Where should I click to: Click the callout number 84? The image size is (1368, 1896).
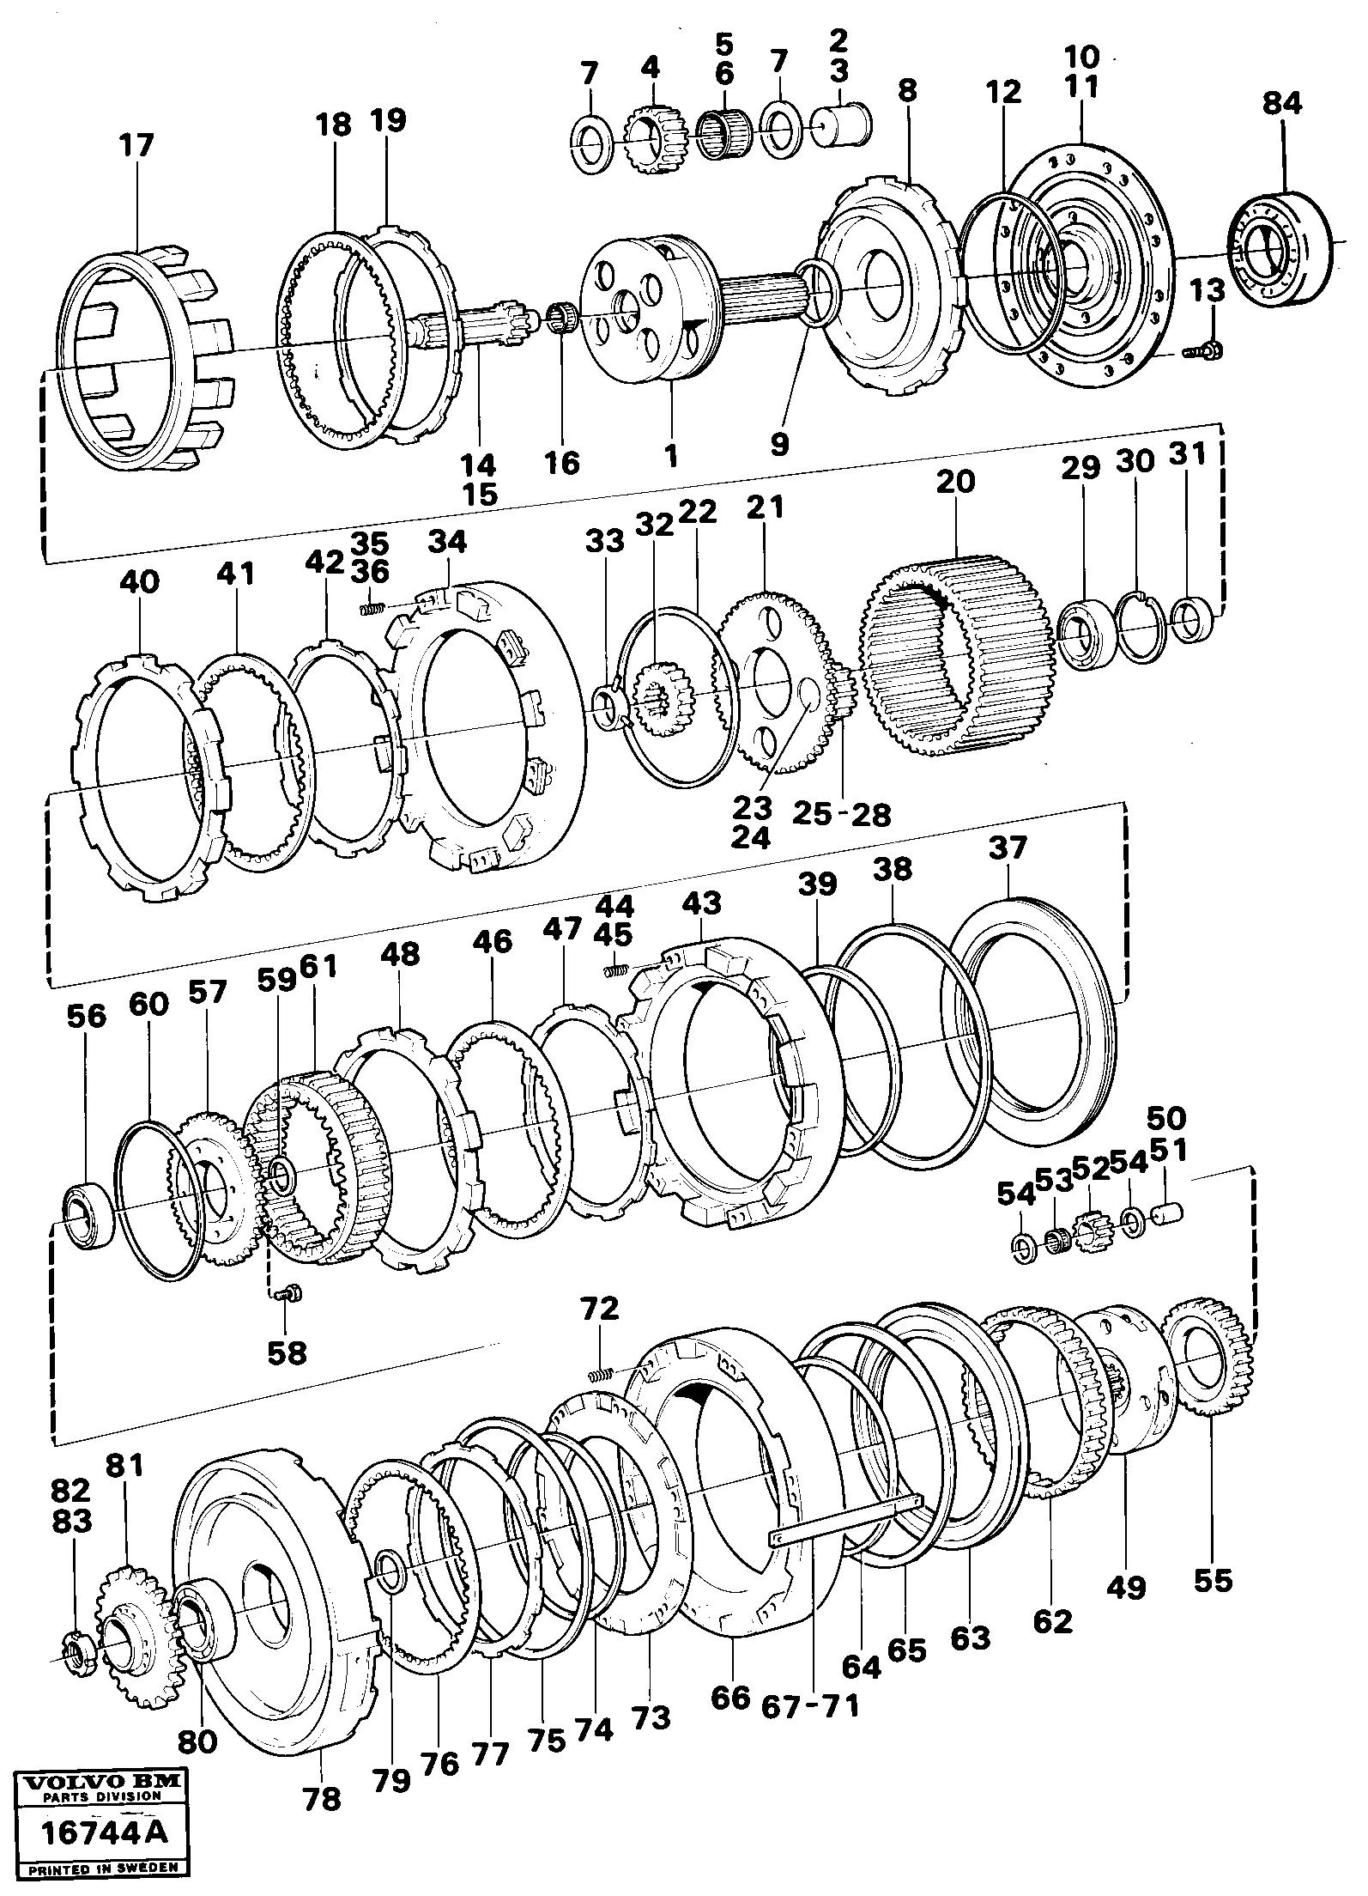pyautogui.click(x=1281, y=104)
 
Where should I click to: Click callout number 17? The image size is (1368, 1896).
pyautogui.click(x=136, y=144)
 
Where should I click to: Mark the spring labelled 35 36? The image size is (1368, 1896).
pyautogui.click(x=368, y=610)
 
